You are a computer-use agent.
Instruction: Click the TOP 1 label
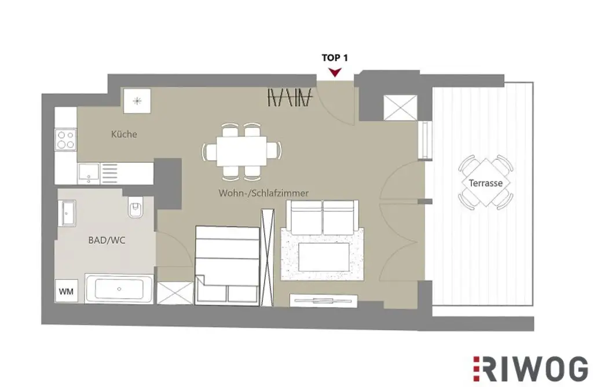pos(334,58)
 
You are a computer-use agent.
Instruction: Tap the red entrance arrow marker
pos(334,72)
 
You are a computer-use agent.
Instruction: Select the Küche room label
pos(124,134)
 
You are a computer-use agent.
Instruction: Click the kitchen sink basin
pos(89,173)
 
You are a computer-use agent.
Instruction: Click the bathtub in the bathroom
pos(119,289)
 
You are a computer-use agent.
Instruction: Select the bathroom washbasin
pos(67,213)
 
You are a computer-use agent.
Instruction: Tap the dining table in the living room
pos(241,151)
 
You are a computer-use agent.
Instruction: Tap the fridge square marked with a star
pos(137,101)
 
